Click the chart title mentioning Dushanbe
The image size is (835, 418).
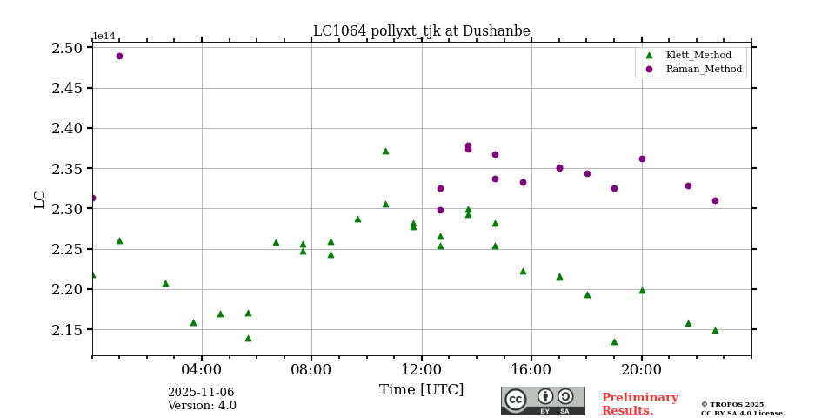pos(421,31)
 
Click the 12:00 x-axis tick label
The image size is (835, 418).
pos(421,369)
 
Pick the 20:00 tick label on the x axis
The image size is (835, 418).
pos(641,369)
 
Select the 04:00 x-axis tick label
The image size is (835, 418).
pos(202,369)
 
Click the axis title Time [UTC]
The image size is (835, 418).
pos(421,390)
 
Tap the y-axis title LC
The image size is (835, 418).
pos(40,199)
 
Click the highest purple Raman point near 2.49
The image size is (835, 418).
pos(119,56)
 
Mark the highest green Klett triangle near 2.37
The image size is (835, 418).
pos(385,151)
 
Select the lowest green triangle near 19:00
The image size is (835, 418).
pos(614,341)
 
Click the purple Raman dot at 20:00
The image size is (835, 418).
pos(642,158)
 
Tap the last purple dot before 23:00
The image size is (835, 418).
pos(715,200)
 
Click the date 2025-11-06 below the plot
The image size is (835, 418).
pos(200,393)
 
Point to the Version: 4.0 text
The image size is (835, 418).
pos(202,406)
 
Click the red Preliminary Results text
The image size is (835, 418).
pos(639,404)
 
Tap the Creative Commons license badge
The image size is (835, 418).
pos(543,401)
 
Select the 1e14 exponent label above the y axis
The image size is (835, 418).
pos(104,37)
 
